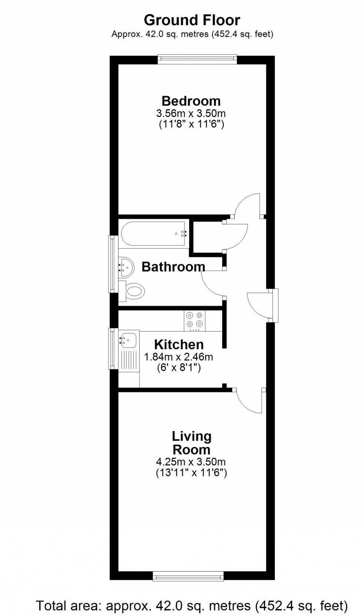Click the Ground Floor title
(x=192, y=20)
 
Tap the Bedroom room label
(x=191, y=101)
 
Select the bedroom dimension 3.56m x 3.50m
(x=191, y=113)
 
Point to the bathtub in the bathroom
(x=153, y=234)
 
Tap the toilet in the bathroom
(x=133, y=291)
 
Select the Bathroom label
(x=173, y=267)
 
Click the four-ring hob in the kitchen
(x=195, y=320)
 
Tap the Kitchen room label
(x=179, y=345)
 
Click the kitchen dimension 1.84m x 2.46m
(x=179, y=357)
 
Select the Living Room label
(x=192, y=443)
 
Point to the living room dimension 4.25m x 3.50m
(x=191, y=462)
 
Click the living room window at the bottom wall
(x=188, y=576)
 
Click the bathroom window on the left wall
(x=111, y=264)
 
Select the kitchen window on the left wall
(x=111, y=349)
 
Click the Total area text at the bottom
(x=192, y=606)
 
